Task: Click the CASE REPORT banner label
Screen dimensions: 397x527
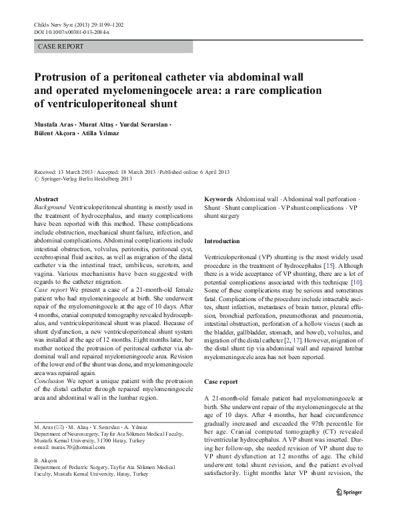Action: point(62,47)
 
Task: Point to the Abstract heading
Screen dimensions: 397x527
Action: point(46,199)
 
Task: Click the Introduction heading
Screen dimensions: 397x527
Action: point(222,241)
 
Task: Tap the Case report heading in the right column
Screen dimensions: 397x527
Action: point(220,382)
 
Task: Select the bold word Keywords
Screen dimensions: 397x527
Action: point(218,199)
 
